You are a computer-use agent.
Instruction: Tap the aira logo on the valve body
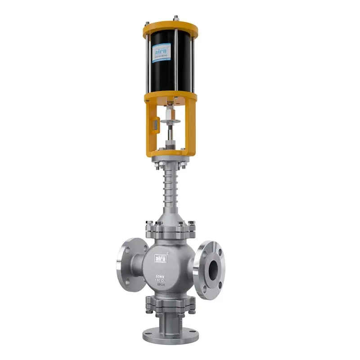(161, 258)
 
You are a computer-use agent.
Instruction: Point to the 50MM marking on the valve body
(161, 275)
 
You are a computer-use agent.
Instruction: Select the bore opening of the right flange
(213, 269)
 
